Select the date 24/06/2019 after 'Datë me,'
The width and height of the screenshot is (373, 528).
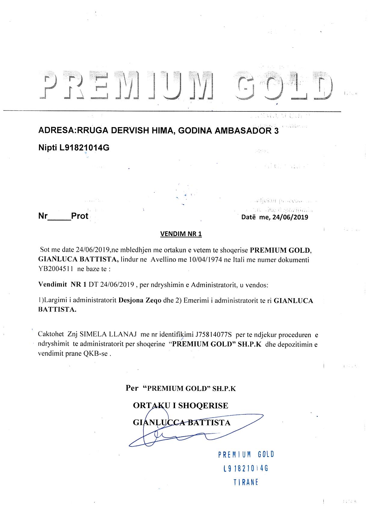pos(290,217)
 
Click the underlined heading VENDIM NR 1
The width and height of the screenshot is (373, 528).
pos(181,234)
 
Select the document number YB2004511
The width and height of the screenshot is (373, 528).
pos(56,269)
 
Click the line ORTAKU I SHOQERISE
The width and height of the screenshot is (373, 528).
pos(180,405)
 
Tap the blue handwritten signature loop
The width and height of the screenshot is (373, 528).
pos(155,435)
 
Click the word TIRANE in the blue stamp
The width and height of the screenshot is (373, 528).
pos(246,482)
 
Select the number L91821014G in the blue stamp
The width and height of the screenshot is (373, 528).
pos(245,468)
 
